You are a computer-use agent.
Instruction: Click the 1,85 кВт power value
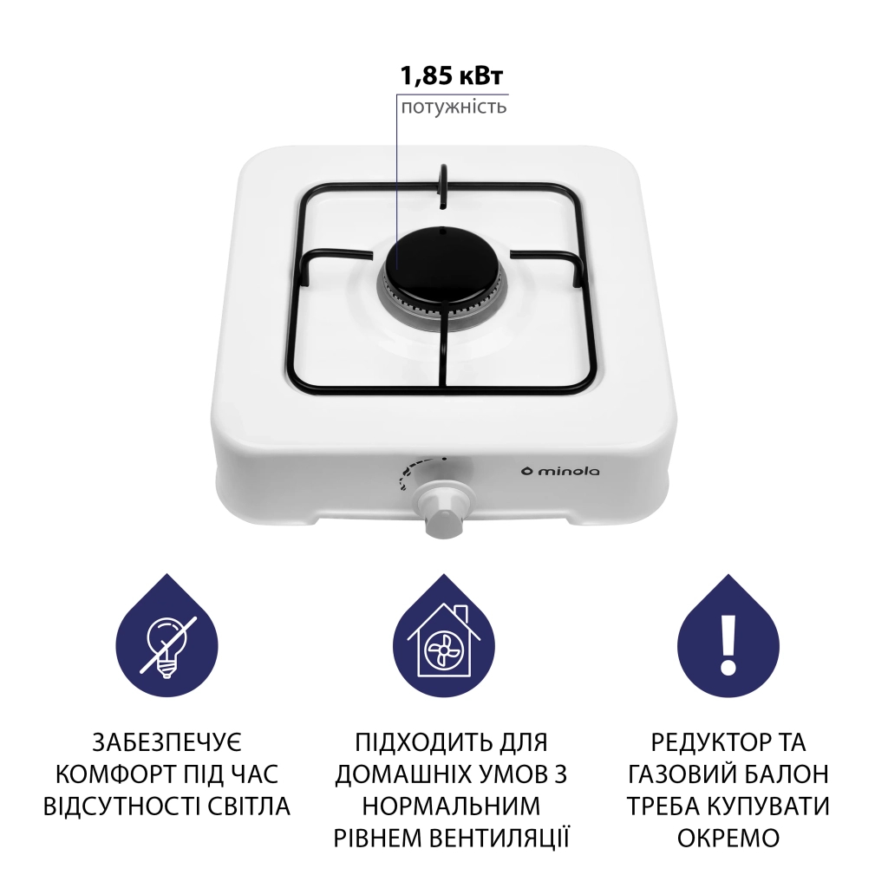[451, 76]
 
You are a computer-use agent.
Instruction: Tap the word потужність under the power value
[453, 108]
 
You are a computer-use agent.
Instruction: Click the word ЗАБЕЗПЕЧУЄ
[168, 743]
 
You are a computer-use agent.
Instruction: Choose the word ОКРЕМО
[728, 838]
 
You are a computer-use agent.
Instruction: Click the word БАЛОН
[785, 774]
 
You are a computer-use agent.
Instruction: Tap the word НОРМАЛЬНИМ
[451, 806]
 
